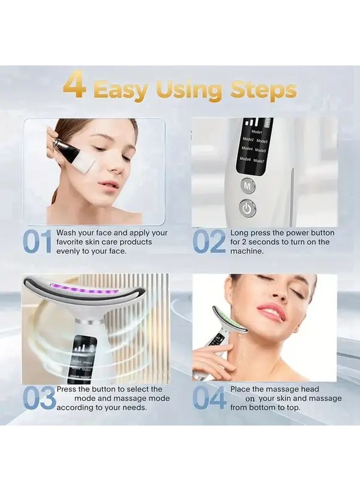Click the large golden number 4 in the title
pyautogui.click(x=75, y=88)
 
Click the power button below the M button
pyautogui.click(x=248, y=208)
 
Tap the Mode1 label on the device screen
pyautogui.click(x=257, y=132)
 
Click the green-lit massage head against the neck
pyautogui.click(x=231, y=322)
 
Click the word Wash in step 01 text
pyautogui.click(x=67, y=233)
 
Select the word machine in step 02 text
pyautogui.click(x=247, y=251)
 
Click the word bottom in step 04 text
pyautogui.click(x=262, y=408)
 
